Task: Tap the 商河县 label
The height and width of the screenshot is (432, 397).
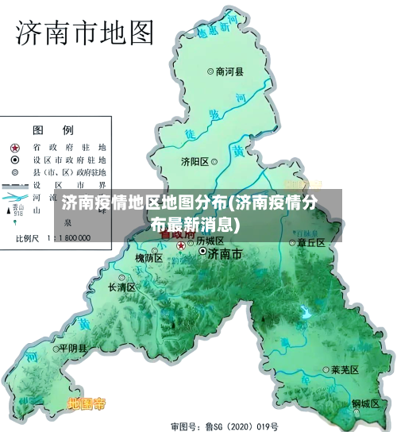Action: [x=230, y=71]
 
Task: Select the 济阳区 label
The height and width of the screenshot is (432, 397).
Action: [x=195, y=161]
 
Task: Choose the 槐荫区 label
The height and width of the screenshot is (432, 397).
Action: [x=148, y=258]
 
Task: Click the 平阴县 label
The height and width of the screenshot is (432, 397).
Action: [x=73, y=348]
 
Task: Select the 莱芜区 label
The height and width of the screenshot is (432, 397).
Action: [x=345, y=370]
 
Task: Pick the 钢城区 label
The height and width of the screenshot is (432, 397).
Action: [x=366, y=403]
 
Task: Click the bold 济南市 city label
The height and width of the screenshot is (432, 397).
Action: [x=224, y=253]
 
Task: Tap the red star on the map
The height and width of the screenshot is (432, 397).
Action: [x=181, y=245]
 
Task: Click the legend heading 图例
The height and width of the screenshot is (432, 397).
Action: [x=53, y=130]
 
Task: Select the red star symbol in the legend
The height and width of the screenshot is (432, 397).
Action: [x=15, y=148]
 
